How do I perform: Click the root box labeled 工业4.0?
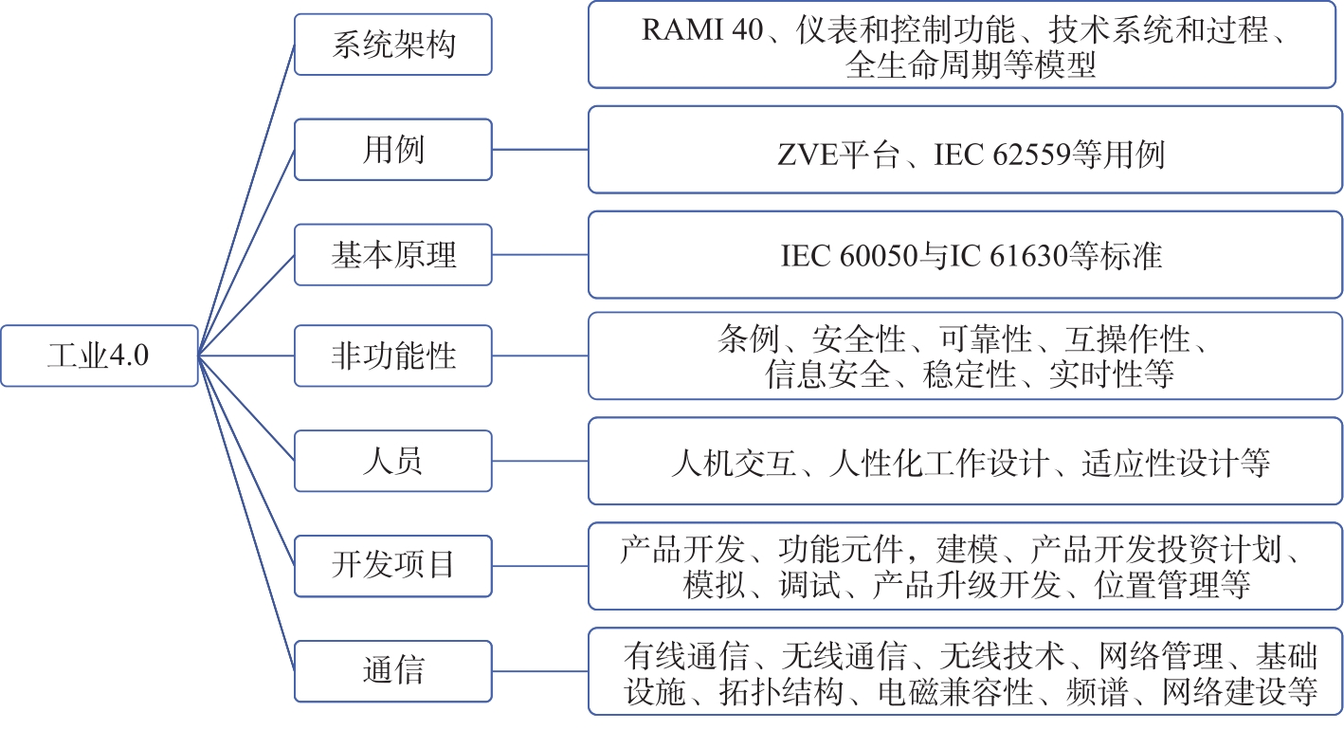tap(100, 356)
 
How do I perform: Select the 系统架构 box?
tap(393, 45)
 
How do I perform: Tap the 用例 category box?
tap(393, 150)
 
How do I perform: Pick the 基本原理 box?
tap(393, 254)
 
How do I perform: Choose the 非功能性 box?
tap(393, 356)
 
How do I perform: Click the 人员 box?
tap(393, 461)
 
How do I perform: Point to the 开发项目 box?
tap(393, 565)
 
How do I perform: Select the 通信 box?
tap(393, 670)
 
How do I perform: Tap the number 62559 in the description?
tap(1032, 155)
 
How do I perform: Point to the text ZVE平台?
tap(839, 155)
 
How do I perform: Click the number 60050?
tap(879, 256)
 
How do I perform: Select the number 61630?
tap(1029, 256)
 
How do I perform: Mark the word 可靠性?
tap(985, 339)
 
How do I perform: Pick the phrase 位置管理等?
tap(1172, 585)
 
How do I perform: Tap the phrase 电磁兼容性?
tap(955, 691)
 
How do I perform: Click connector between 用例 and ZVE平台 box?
tap(540, 150)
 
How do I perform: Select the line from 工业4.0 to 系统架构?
tap(246, 200)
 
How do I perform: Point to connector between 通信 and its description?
tap(540, 671)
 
